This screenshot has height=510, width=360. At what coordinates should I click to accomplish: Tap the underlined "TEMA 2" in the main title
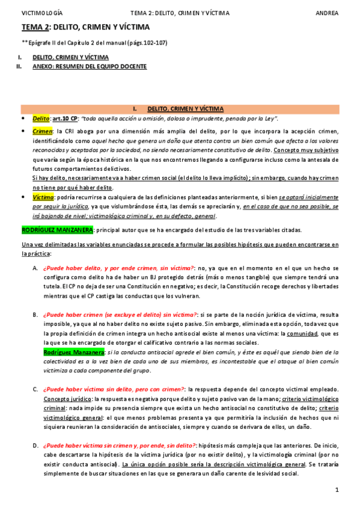point(35,27)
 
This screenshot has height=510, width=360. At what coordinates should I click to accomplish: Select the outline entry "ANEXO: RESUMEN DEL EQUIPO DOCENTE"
point(90,67)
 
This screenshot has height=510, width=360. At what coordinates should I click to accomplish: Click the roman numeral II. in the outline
point(19,67)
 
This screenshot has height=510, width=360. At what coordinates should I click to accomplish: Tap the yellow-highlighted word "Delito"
point(41,119)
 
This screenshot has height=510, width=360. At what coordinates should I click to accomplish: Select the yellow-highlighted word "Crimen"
point(43,131)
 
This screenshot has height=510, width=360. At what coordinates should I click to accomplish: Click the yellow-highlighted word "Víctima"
point(43,197)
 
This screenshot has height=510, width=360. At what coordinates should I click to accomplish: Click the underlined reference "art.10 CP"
point(66,119)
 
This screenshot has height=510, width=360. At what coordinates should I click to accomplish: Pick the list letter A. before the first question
point(35,268)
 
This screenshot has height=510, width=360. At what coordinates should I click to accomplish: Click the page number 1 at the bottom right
point(337,490)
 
